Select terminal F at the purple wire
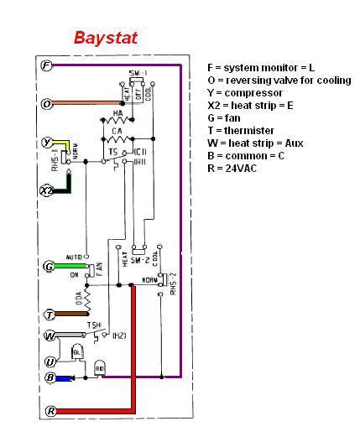[47, 65]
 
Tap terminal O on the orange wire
[47, 104]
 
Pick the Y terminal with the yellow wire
[47, 143]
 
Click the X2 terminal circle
[47, 190]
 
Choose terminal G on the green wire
[49, 267]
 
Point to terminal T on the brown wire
[49, 315]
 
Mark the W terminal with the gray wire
[49, 336]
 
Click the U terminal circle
[49, 361]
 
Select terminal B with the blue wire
[49, 378]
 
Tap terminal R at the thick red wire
[49, 411]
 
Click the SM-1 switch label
[138, 74]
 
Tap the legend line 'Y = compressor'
[244, 92]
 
